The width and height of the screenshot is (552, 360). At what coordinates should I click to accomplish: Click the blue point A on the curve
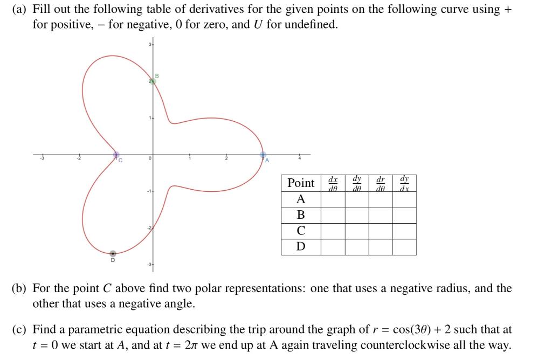pyautogui.click(x=263, y=154)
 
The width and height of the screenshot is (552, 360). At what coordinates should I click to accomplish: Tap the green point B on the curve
pyautogui.click(x=153, y=81)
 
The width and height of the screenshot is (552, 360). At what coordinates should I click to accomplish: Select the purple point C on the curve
pyautogui.click(x=116, y=155)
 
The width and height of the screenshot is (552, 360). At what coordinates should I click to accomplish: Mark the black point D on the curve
pyautogui.click(x=113, y=253)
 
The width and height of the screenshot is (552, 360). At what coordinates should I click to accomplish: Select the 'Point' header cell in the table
pyautogui.click(x=301, y=183)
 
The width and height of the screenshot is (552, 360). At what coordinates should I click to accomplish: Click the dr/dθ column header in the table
pyautogui.click(x=380, y=183)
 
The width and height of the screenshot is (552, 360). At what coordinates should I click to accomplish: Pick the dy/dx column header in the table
pyautogui.click(x=404, y=183)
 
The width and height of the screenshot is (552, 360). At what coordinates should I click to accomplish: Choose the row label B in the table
pyautogui.click(x=301, y=215)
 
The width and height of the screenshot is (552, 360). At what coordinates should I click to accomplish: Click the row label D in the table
pyautogui.click(x=301, y=247)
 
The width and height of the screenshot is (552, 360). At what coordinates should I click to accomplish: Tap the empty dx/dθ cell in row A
pyautogui.click(x=333, y=199)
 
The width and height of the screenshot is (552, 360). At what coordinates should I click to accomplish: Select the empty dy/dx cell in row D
pyautogui.click(x=404, y=247)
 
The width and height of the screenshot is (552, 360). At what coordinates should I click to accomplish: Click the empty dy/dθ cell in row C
pyautogui.click(x=357, y=231)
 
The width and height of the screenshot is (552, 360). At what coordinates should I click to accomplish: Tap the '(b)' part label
pyautogui.click(x=19, y=288)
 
